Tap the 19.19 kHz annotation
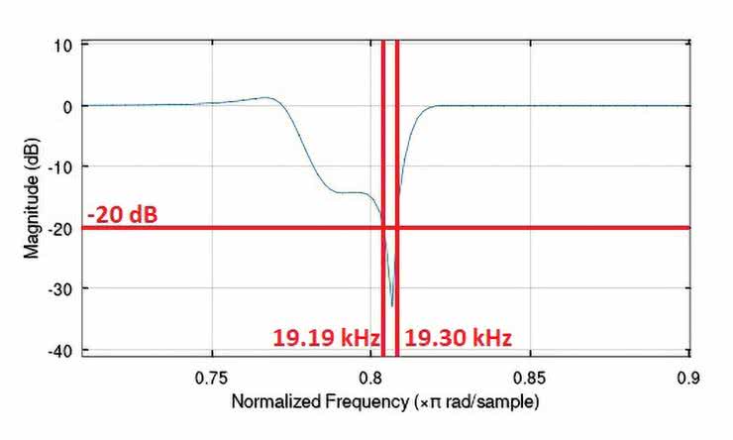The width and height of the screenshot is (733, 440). tap(326, 339)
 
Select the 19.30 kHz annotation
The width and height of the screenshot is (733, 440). tap(458, 339)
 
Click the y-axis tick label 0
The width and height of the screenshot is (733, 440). tap(67, 106)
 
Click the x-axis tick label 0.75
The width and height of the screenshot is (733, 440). tap(211, 378)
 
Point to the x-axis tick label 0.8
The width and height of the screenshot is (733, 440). tap(370, 378)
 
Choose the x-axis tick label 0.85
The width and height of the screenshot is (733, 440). tap(531, 378)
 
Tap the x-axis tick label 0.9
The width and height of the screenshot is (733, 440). tap(689, 378)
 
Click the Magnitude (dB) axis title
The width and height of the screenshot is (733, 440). tap(32, 198)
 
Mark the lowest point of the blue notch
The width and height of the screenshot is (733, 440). tap(392, 305)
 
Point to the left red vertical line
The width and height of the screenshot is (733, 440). tap(382, 149)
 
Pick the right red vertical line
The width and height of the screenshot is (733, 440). tap(397, 149)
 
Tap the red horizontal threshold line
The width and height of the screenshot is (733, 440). tap(545, 228)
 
